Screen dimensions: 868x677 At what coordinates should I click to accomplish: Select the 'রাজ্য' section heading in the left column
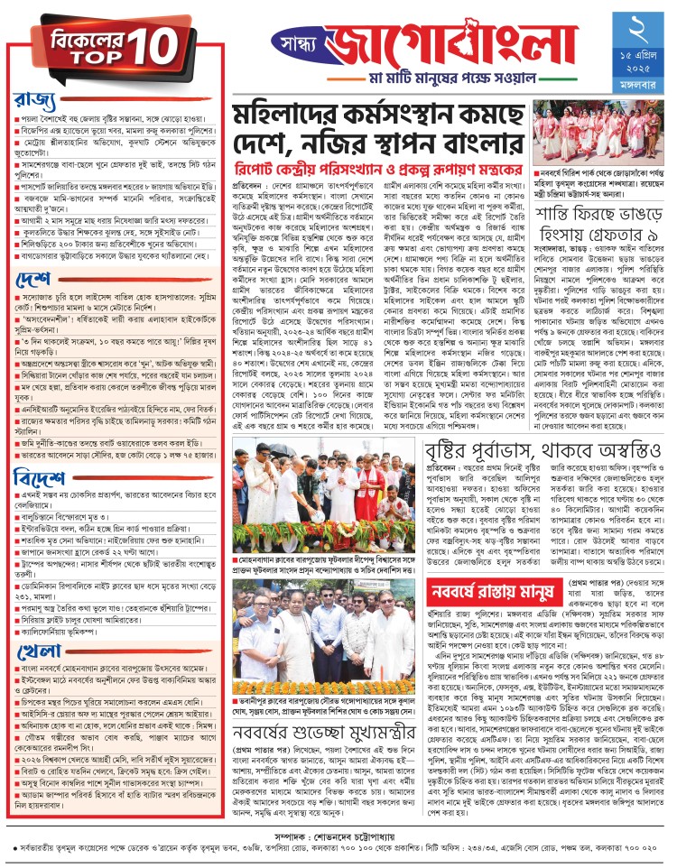[35, 97]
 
